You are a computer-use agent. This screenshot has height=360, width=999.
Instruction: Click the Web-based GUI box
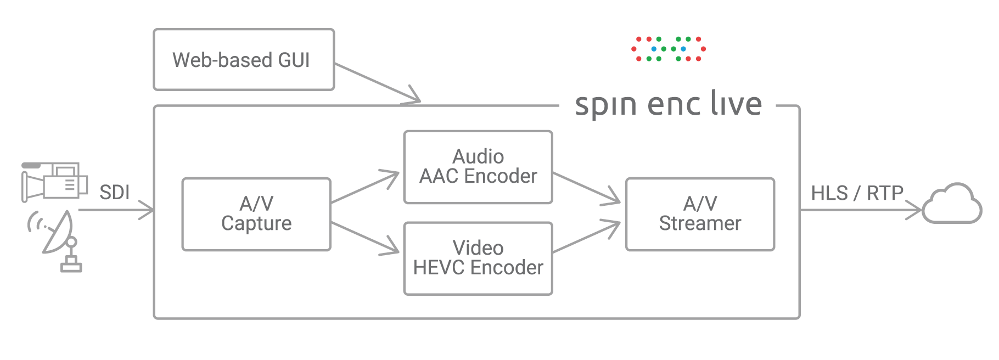click(244, 60)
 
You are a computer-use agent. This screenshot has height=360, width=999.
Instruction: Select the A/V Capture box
click(256, 214)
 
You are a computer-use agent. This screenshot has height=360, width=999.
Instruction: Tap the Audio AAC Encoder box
click(478, 167)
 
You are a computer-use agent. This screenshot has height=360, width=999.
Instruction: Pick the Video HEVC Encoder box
click(478, 258)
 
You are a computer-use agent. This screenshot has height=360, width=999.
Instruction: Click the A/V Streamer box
click(700, 214)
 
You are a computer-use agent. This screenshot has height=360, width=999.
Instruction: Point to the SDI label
click(114, 193)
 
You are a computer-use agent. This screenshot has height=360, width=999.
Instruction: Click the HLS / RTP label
click(857, 193)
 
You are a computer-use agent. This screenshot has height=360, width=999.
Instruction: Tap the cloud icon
click(952, 205)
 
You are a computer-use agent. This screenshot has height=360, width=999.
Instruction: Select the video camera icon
click(54, 182)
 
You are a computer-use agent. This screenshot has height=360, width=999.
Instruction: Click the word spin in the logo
click(606, 104)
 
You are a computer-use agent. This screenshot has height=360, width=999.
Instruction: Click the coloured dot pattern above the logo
click(668, 49)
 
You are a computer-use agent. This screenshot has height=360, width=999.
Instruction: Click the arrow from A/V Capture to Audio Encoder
click(365, 188)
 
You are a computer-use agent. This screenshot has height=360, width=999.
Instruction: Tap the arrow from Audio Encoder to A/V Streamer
click(586, 188)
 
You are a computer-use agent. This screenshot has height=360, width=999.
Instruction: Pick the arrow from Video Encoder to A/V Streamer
click(586, 238)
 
